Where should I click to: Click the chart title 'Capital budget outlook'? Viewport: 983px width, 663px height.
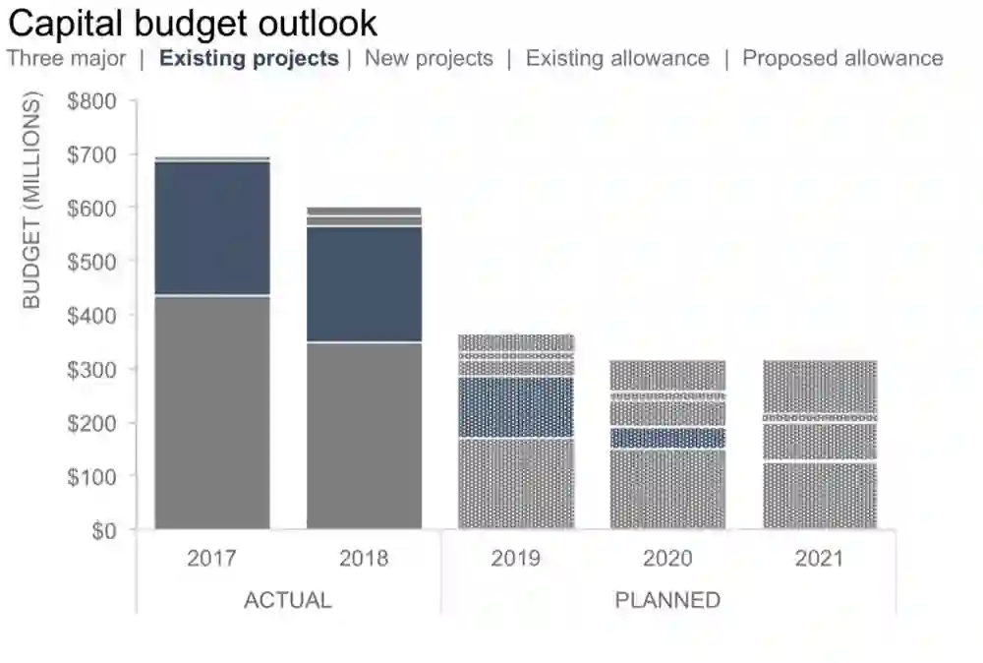pyautogui.click(x=193, y=23)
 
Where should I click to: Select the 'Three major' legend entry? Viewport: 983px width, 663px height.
pyautogui.click(x=67, y=58)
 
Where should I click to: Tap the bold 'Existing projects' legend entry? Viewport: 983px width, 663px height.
pyautogui.click(x=249, y=58)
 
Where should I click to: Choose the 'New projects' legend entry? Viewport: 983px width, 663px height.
pyautogui.click(x=429, y=58)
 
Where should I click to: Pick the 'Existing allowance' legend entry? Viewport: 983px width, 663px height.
pyautogui.click(x=617, y=58)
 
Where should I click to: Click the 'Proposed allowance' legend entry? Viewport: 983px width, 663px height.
pyautogui.click(x=842, y=58)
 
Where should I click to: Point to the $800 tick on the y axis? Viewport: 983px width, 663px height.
pyautogui.click(x=92, y=101)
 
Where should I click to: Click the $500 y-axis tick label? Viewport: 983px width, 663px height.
pyautogui.click(x=92, y=262)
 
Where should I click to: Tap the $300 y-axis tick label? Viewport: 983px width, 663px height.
pyautogui.click(x=92, y=369)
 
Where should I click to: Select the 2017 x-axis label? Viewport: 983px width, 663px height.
pyautogui.click(x=211, y=559)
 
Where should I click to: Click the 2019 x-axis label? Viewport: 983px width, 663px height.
pyautogui.click(x=516, y=559)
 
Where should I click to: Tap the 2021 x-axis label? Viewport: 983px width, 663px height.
pyautogui.click(x=820, y=559)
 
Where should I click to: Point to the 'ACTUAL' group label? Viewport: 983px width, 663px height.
pyautogui.click(x=287, y=600)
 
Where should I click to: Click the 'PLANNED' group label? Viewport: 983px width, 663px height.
pyautogui.click(x=667, y=600)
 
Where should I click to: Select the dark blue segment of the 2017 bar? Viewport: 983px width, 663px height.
pyautogui.click(x=212, y=228)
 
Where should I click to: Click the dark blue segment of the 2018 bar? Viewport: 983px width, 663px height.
pyautogui.click(x=365, y=284)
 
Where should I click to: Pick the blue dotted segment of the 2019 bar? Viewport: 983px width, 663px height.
pyautogui.click(x=516, y=407)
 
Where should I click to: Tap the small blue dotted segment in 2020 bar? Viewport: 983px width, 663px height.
pyautogui.click(x=668, y=438)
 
